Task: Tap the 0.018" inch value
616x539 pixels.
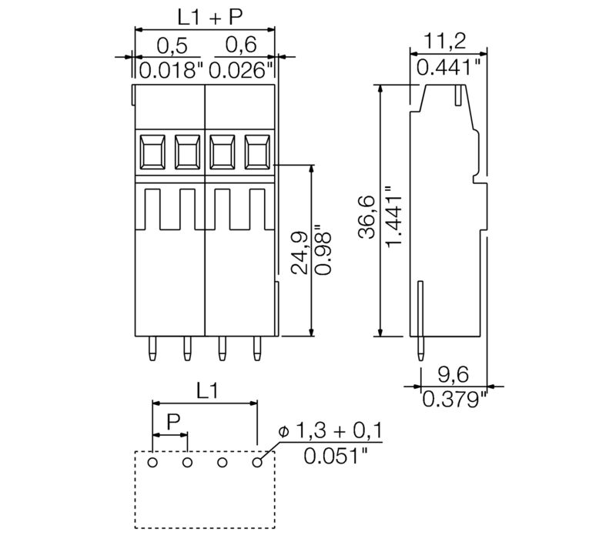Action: click(169, 71)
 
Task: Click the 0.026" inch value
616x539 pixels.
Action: click(241, 71)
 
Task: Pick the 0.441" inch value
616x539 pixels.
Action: click(450, 68)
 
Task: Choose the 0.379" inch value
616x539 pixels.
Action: click(454, 399)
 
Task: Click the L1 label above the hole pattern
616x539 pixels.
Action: click(205, 390)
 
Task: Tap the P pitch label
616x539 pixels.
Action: click(174, 421)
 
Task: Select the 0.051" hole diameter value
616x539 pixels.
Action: click(334, 456)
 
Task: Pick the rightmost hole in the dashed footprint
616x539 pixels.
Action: click(257, 462)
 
